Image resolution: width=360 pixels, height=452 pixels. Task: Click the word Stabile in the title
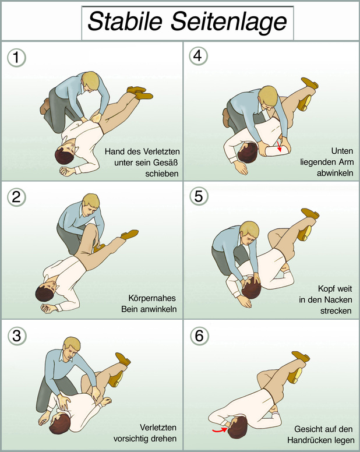(125, 22)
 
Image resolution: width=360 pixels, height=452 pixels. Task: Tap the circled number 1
(16, 57)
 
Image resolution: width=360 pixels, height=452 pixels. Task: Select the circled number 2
(16, 197)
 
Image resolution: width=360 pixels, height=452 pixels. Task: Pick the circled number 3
(17, 336)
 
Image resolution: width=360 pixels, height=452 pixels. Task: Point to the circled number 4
(198, 56)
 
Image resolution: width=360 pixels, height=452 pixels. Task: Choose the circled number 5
(199, 196)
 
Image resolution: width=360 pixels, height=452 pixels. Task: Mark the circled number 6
(199, 336)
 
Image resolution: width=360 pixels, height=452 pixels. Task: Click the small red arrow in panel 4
(278, 146)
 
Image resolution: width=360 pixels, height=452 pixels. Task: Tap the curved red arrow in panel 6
(220, 430)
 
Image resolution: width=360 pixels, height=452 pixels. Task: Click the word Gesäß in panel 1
(165, 163)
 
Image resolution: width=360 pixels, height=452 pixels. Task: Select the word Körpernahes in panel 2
(152, 298)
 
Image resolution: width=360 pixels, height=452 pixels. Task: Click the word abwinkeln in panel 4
(335, 173)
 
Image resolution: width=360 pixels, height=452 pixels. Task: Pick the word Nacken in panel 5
(338, 299)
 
